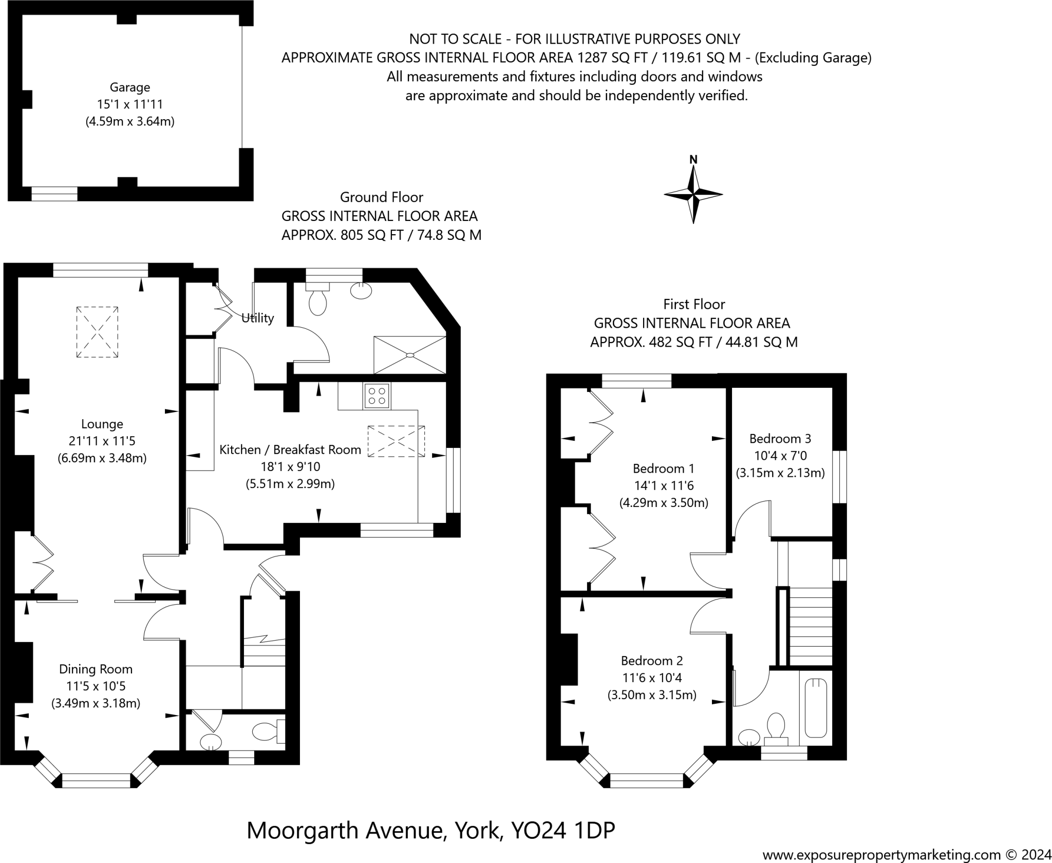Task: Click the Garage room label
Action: point(129,87)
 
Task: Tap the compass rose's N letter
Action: point(693,159)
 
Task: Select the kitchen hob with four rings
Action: point(377,396)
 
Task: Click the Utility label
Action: point(257,318)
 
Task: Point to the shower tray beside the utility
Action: point(409,354)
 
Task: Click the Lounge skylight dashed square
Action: point(97,332)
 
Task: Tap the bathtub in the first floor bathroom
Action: point(815,708)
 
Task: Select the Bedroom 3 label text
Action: point(780,438)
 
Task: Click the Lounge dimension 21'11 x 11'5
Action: point(102,441)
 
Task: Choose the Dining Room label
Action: point(96,669)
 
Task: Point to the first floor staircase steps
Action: point(810,627)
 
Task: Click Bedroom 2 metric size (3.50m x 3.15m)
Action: point(652,695)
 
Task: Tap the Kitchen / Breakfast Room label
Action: point(290,449)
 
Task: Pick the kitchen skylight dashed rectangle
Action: point(396,441)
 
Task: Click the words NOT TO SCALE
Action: point(455,39)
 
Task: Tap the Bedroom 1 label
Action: point(663,468)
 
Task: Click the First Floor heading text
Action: point(693,304)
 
